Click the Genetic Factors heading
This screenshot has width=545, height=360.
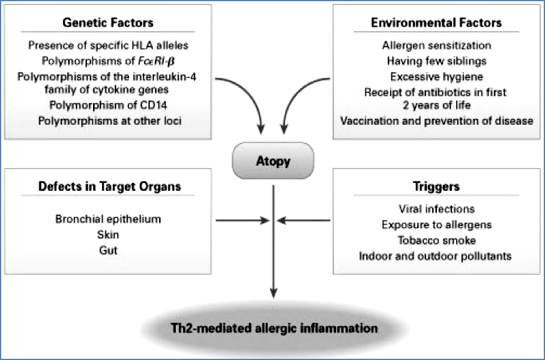click(x=109, y=23)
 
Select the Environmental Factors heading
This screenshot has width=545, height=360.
click(x=436, y=23)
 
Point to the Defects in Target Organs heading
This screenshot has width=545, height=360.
click(x=109, y=186)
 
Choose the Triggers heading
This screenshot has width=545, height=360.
click(x=436, y=186)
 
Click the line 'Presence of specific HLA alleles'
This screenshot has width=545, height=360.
click(x=109, y=45)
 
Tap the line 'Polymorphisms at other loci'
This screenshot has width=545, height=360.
click(x=109, y=121)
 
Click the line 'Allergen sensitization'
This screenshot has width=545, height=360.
click(x=436, y=45)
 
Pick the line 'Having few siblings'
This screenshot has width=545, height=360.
click(x=436, y=61)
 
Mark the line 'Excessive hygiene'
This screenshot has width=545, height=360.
click(x=436, y=76)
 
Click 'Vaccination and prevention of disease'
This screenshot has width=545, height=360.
click(x=436, y=121)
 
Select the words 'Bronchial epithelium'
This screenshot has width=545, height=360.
click(x=109, y=219)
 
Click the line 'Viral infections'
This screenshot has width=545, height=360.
click(x=436, y=209)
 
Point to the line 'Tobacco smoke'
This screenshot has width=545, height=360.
click(x=436, y=240)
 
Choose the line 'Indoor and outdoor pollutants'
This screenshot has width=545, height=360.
click(x=436, y=256)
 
